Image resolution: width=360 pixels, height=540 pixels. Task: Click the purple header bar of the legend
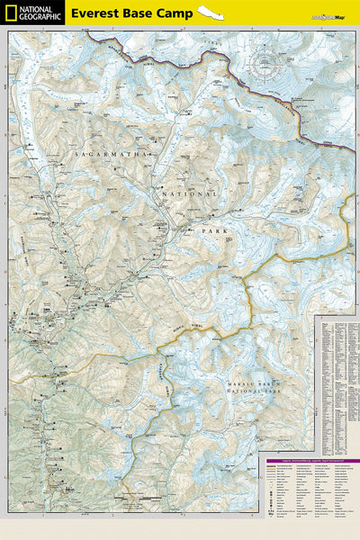click(x=310, y=459)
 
